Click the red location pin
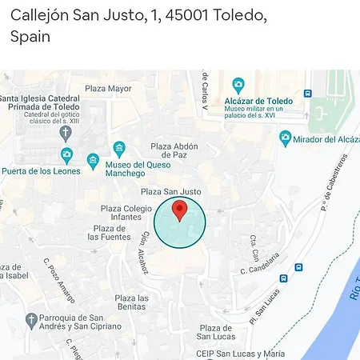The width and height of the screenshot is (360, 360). (x=180, y=211)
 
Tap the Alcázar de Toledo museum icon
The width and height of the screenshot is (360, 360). (x=238, y=85)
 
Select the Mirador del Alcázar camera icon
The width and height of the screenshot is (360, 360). (x=285, y=138)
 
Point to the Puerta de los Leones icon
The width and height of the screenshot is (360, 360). (x=66, y=155)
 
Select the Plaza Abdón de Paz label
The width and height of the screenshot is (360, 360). (x=174, y=152)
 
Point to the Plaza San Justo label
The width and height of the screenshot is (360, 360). (x=171, y=192)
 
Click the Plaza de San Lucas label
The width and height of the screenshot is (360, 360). (x=216, y=333)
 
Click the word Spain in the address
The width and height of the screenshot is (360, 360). (x=30, y=36)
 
